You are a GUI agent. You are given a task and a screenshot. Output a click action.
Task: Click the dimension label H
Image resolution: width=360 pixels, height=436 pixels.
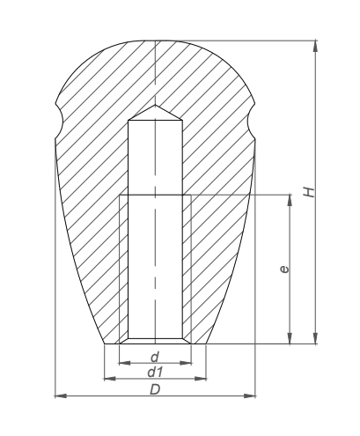[309, 192]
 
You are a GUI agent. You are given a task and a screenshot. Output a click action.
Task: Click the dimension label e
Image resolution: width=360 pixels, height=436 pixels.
[284, 270]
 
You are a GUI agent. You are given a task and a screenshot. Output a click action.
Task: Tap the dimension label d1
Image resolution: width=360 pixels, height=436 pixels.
[155, 373]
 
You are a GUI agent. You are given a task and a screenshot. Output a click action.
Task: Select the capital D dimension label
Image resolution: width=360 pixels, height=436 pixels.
[155, 390]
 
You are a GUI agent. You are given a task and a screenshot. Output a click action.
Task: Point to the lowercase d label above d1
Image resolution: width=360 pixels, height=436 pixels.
[155, 357]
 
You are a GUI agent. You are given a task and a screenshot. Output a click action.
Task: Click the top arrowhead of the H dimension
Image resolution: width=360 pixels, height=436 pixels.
[315, 46]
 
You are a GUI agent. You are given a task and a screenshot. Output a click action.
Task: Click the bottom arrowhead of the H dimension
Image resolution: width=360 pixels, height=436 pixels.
[315, 338]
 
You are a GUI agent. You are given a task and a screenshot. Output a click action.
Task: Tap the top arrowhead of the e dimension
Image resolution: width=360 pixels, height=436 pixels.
[290, 200]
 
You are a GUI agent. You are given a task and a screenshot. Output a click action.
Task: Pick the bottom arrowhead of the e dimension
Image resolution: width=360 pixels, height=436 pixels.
[290, 338]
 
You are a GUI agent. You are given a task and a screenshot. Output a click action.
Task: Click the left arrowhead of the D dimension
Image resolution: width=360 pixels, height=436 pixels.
[61, 396]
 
